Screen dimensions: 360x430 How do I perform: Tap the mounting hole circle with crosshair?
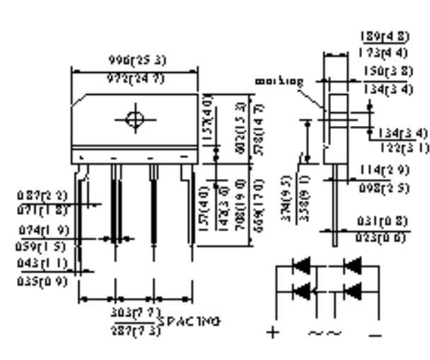[x=134, y=119]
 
